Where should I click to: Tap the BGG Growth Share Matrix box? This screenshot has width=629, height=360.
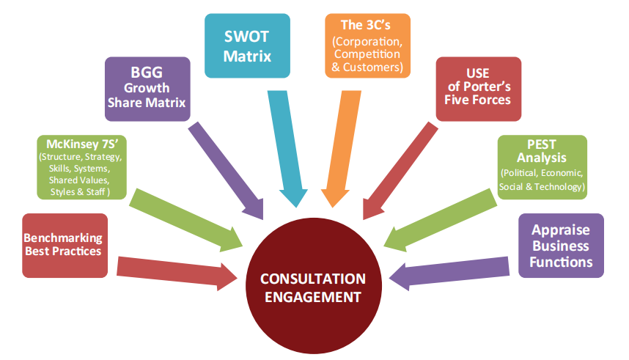click(x=147, y=89)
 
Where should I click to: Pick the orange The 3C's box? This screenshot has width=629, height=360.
click(x=366, y=45)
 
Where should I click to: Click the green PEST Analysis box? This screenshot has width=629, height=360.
click(x=542, y=166)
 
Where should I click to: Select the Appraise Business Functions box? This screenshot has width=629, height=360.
click(x=560, y=245)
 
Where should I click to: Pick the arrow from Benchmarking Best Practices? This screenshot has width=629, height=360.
click(x=176, y=269)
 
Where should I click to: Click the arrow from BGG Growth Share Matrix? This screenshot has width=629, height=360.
click(x=227, y=169)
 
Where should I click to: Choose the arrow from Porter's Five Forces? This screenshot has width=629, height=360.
click(x=400, y=169)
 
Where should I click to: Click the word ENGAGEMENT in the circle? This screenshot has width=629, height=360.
click(x=314, y=297)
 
